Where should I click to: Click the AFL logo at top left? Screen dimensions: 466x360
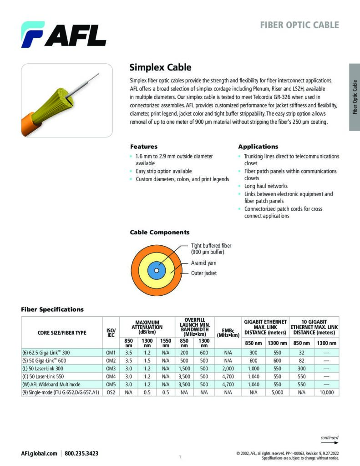click(63, 35)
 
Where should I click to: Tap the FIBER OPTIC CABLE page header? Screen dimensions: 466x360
click(299, 25)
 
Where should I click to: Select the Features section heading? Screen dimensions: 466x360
click(144, 147)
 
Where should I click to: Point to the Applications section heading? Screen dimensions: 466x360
click(258, 147)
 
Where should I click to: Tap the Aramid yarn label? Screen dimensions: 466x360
click(203, 263)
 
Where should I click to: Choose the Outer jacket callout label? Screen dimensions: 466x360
click(204, 273)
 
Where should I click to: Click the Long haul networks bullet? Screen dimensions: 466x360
click(266, 186)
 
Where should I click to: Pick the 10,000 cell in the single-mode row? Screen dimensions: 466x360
click(327, 392)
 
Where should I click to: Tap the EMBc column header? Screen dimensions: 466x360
click(228, 333)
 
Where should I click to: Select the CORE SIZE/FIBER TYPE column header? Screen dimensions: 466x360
click(61, 333)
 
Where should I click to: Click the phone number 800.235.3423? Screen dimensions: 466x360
click(81, 454)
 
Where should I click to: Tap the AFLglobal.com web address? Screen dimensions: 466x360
click(39, 454)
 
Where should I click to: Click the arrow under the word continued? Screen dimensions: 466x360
click(330, 442)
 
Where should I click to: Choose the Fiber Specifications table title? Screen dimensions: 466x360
click(52, 309)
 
